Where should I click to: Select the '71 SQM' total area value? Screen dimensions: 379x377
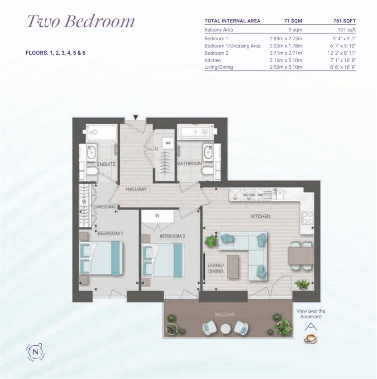[293, 21]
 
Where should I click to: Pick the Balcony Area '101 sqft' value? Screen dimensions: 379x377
[346, 30]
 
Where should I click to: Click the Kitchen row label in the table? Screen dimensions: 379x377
[213, 60]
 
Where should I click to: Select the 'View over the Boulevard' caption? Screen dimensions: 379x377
[311, 314]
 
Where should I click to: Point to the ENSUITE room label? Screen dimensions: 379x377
[107, 164]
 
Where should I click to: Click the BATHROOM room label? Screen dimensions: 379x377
[190, 164]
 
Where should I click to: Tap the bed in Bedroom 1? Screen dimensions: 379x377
[101, 259]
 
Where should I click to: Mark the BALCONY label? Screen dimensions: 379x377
[225, 314]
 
